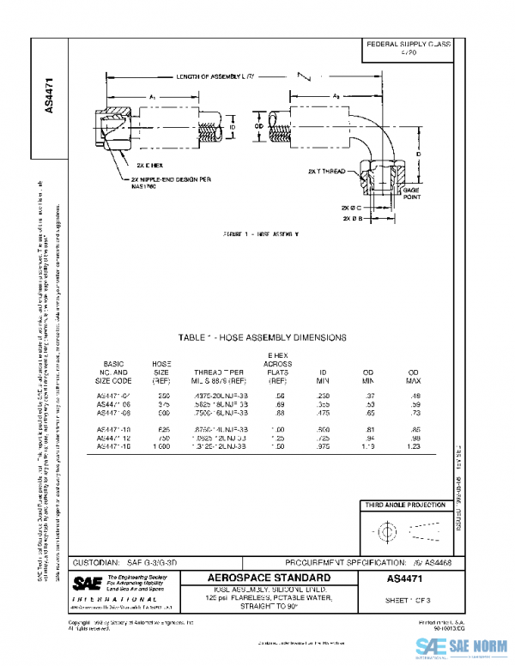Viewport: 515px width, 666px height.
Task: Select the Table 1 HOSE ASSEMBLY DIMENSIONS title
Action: (x=262, y=337)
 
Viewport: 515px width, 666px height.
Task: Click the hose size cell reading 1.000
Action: (x=161, y=446)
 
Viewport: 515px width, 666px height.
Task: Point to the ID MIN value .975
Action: (x=324, y=446)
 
